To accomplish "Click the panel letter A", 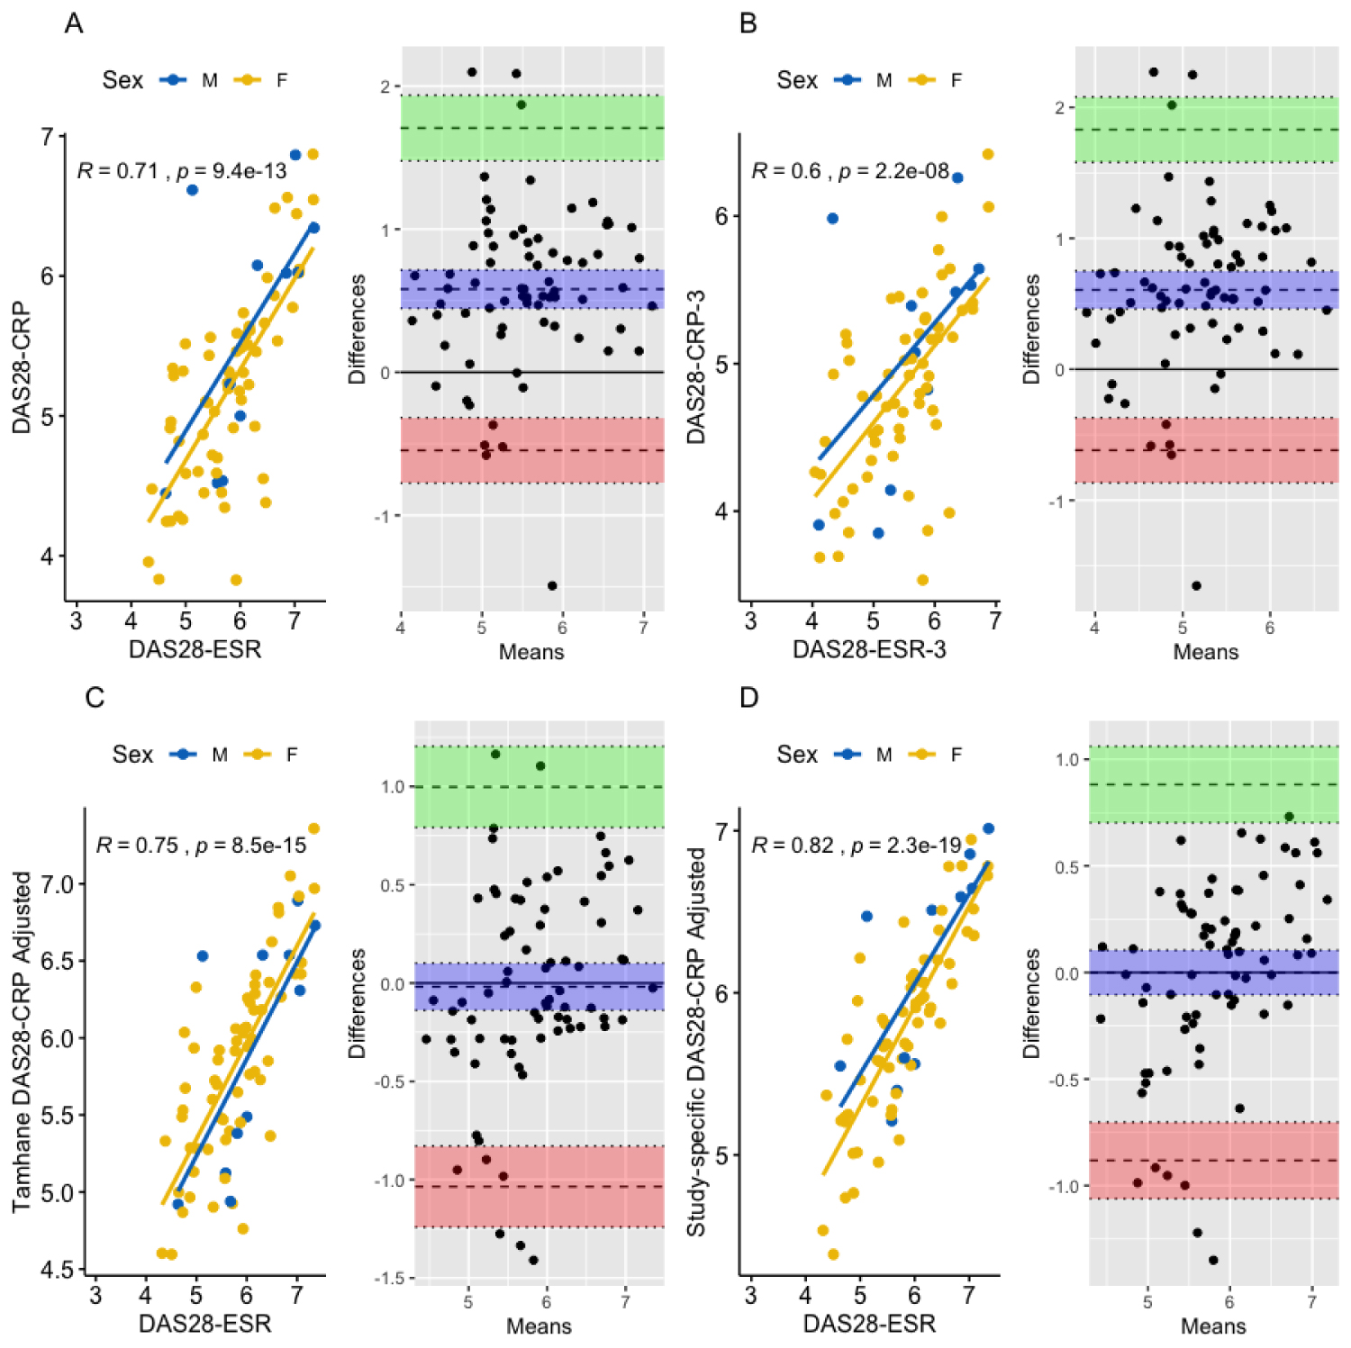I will coord(74,23).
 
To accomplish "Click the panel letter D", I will coord(748,698).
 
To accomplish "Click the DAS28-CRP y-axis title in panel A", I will coord(22,368).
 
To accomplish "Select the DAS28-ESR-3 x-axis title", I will coord(869,650).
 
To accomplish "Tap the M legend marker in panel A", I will coord(173,80).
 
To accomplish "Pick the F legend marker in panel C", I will coord(258,755).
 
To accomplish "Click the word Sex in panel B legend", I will coord(797,80).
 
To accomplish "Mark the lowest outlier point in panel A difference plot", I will coord(552,586).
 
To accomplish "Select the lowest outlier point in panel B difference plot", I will coord(1196,586).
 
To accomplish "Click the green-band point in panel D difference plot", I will coord(1289,817).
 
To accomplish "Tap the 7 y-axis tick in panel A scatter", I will coord(48,137).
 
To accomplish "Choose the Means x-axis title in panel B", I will coord(1205,652).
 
